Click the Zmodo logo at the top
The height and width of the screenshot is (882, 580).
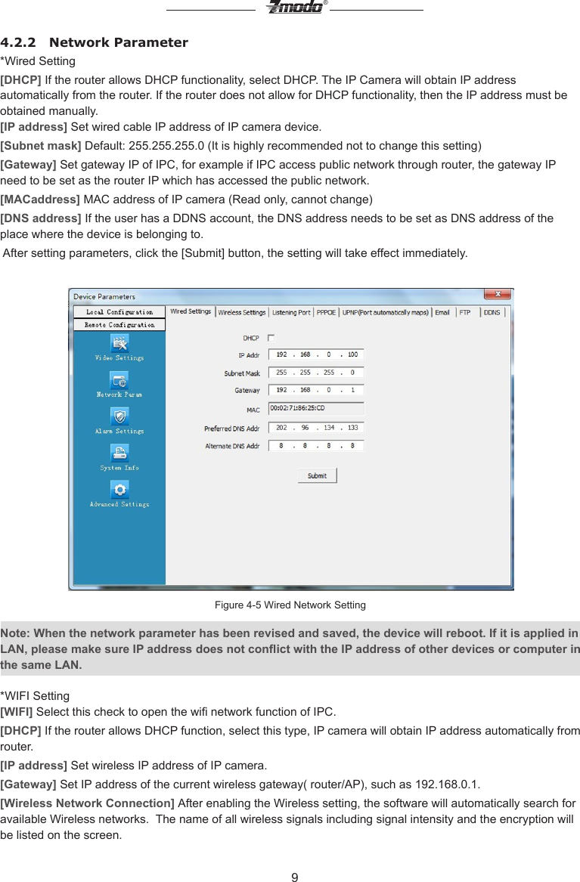[x=294, y=8]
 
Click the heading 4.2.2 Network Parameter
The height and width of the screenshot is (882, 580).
[x=95, y=42]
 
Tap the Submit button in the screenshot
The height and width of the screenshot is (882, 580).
[x=317, y=475]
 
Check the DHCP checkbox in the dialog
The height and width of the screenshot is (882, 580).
[x=271, y=338]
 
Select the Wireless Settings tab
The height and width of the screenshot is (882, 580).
[x=242, y=312]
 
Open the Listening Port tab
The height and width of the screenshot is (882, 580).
[x=291, y=312]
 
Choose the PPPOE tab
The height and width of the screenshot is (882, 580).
[x=327, y=312]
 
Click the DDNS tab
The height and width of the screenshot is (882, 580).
[x=492, y=312]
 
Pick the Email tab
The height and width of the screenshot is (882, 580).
[x=442, y=312]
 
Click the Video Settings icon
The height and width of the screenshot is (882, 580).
[x=119, y=344]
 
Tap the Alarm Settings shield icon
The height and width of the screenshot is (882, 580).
[x=119, y=416]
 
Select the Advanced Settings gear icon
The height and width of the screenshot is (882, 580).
[x=119, y=490]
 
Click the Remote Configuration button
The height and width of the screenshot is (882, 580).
[x=119, y=325]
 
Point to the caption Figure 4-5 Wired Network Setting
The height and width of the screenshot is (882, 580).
[x=290, y=605]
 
